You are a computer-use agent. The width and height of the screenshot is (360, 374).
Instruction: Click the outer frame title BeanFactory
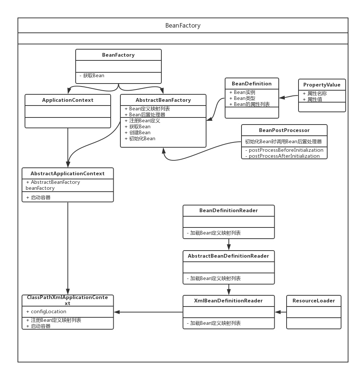183,25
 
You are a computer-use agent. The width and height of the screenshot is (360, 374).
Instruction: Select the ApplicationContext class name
68,100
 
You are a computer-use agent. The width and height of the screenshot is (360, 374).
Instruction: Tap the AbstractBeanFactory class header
163,100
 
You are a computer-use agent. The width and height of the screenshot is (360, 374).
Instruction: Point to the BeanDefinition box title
252,84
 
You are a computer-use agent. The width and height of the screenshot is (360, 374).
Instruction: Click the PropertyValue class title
322,85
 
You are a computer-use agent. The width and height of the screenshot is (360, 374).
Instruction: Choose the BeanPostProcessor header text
284,130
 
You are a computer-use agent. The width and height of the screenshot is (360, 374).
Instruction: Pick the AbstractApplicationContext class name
67,174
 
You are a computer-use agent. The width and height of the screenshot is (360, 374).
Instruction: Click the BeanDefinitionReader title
229,210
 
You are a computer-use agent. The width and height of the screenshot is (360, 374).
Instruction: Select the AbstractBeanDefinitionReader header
228,256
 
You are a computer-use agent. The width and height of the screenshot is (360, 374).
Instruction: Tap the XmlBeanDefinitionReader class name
228,301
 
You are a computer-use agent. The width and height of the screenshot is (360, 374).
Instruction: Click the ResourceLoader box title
314,301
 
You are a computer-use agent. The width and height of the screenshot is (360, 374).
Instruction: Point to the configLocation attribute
46,311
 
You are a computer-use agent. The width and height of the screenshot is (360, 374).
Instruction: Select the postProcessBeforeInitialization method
284,150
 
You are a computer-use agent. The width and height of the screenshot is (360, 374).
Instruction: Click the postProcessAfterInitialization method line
282,156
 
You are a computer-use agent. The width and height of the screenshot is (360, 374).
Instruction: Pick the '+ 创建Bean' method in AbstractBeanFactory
138,133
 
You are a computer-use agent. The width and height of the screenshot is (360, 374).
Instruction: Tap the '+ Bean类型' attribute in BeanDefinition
242,98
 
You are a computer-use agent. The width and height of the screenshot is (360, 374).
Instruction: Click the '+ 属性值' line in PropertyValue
312,100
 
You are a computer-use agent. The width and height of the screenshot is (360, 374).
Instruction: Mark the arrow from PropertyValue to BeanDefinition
288,97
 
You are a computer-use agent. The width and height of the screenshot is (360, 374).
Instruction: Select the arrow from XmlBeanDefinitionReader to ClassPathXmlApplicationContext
148,312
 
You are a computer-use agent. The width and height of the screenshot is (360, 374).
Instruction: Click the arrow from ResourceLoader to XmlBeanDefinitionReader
281,312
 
